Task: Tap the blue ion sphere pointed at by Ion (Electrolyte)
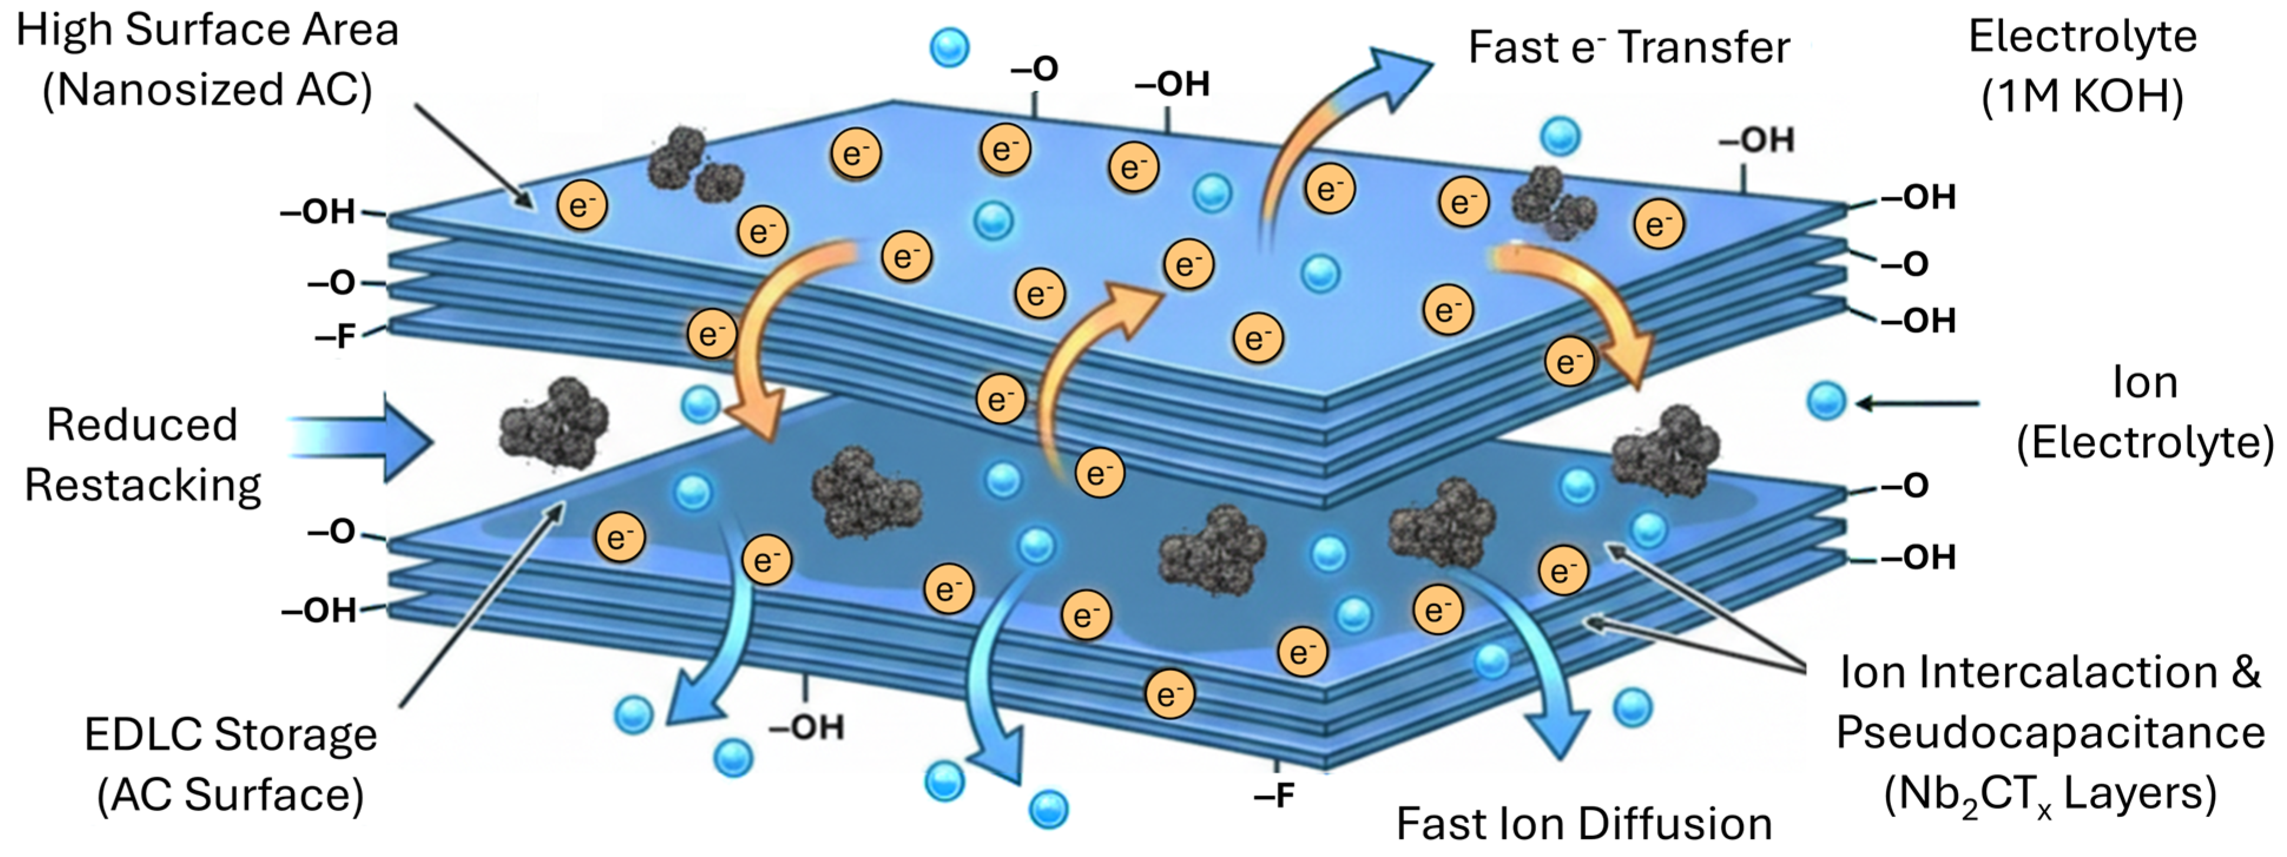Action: (x=1826, y=401)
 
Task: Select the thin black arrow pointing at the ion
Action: (x=1917, y=403)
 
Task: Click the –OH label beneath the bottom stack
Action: (x=806, y=727)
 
